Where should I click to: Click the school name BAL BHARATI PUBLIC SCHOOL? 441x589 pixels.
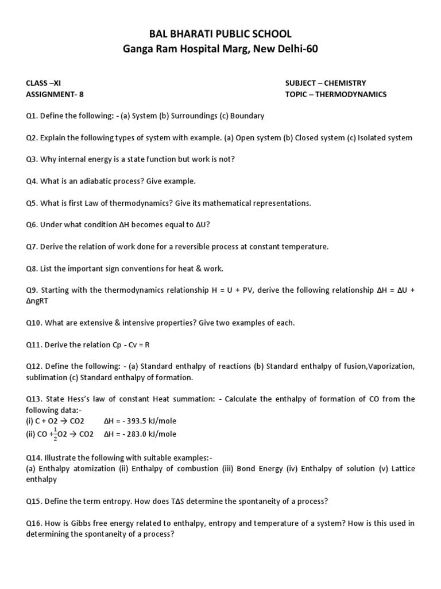point(220,35)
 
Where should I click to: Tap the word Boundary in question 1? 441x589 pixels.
point(247,116)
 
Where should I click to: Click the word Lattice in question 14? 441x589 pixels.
point(403,469)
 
